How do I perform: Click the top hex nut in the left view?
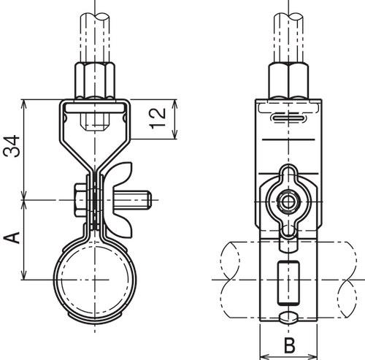point(96,80)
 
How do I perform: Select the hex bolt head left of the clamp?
point(80,198)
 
